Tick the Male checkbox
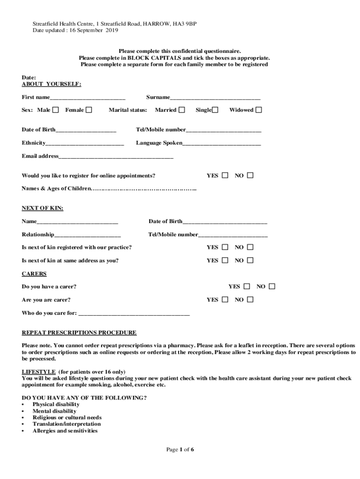(56, 110)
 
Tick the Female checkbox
(89, 110)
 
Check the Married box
(182, 110)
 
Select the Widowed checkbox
(259, 110)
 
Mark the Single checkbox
(215, 110)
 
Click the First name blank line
(87, 98)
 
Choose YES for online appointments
(225, 175)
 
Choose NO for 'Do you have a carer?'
(272, 286)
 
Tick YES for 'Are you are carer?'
(225, 299)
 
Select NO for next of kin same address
(250, 260)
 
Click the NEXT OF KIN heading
(43, 208)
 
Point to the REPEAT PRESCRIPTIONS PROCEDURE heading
(79, 333)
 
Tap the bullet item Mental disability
(54, 411)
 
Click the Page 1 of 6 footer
(180, 450)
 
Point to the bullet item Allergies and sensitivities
(65, 430)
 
